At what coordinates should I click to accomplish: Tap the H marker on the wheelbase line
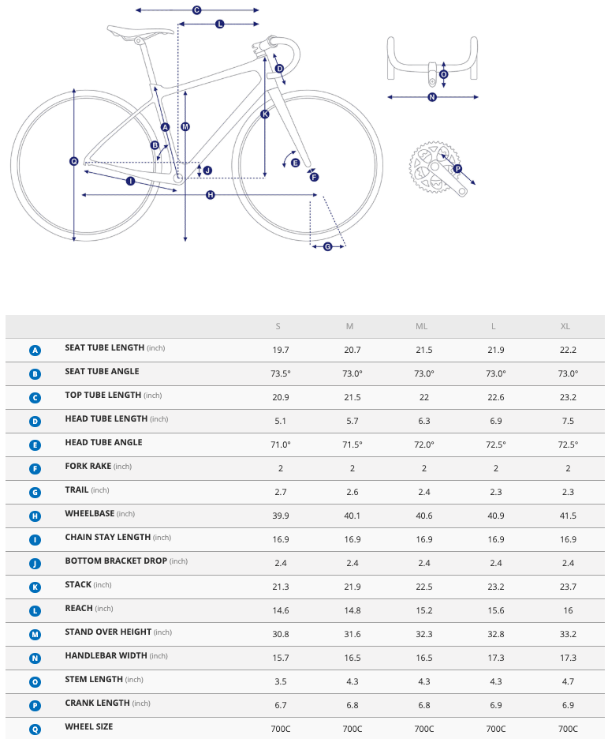[x=211, y=195]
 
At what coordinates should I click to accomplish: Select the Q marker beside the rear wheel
[x=74, y=161]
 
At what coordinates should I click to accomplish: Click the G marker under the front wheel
[x=328, y=247]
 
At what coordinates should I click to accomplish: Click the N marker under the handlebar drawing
[x=432, y=97]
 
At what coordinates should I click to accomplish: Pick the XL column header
[x=565, y=327]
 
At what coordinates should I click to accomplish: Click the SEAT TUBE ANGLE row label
[x=102, y=371]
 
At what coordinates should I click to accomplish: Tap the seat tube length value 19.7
[x=280, y=350]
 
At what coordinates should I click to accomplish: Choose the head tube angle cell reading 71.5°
[x=352, y=445]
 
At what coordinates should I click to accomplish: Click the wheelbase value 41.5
[x=568, y=516]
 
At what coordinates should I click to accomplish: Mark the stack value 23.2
[x=496, y=587]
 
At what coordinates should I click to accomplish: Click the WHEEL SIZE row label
[x=88, y=726]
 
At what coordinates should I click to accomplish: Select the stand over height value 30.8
[x=280, y=634]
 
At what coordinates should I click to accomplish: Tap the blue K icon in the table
[x=35, y=587]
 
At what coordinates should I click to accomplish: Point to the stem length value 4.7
[x=568, y=681]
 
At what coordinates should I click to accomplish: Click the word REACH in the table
[x=79, y=608]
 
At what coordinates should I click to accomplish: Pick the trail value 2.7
[x=280, y=492]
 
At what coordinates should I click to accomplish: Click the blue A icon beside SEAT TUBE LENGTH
[x=35, y=350]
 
